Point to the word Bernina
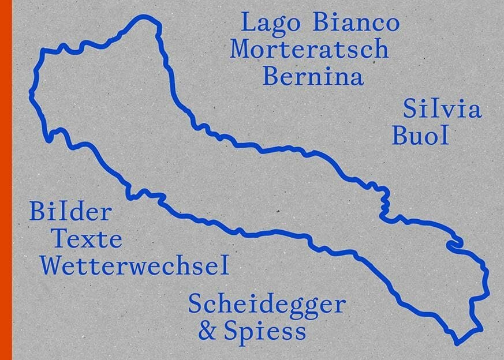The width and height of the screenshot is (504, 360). [313, 76]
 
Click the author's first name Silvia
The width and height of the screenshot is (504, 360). [443, 110]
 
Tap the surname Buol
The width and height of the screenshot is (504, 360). [420, 136]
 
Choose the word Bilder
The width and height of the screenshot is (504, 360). [70, 213]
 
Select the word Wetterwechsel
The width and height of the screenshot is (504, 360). [136, 265]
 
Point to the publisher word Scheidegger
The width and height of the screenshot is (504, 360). [267, 304]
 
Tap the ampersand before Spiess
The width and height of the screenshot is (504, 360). [206, 332]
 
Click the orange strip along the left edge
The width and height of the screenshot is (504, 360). [6, 180]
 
